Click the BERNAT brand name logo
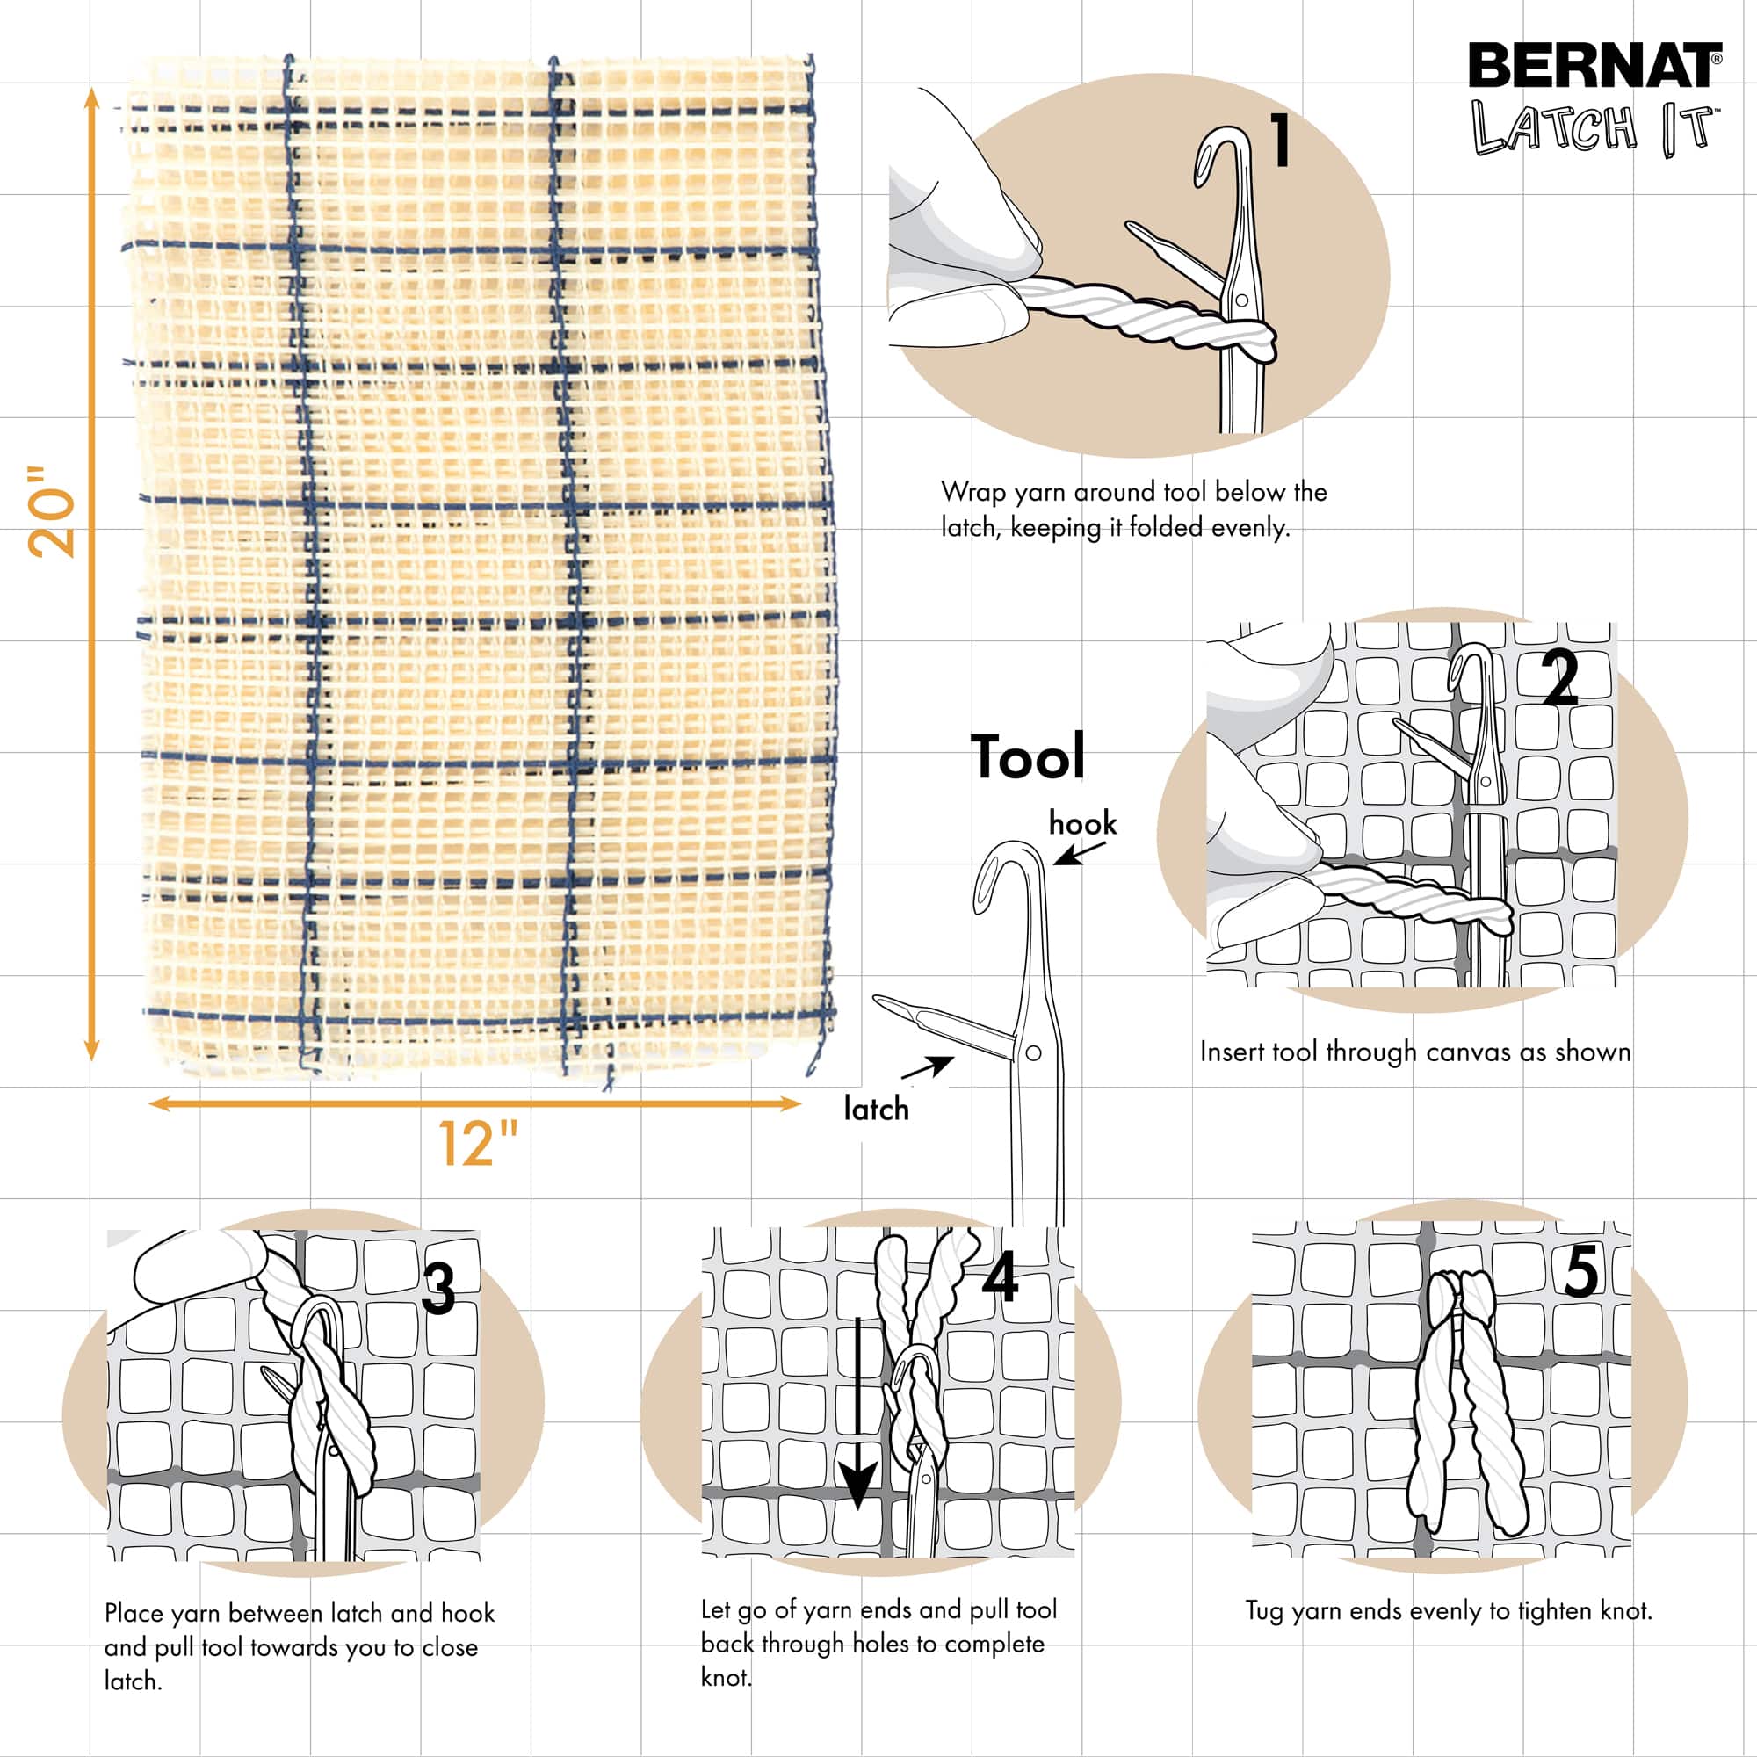(x=1593, y=67)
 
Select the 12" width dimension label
(x=479, y=1143)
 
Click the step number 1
(x=1281, y=141)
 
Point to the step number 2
(x=1560, y=679)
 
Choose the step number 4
(x=1001, y=1278)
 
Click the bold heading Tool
(x=1028, y=756)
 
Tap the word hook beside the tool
(x=1082, y=824)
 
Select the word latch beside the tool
(x=876, y=1110)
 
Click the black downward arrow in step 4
(x=857, y=1419)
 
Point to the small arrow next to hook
(x=1080, y=854)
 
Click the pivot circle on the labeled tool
(x=1033, y=1053)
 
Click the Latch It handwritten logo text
(x=1593, y=127)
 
